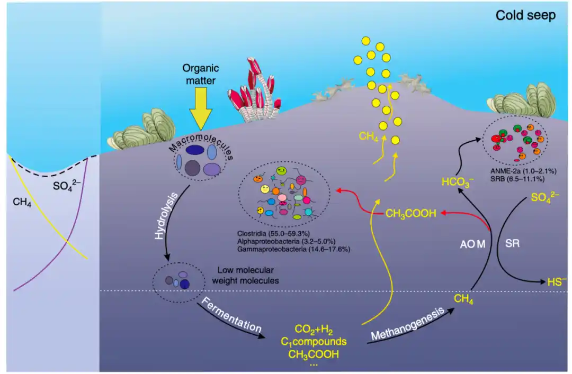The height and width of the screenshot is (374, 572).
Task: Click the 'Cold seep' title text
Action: (x=525, y=15)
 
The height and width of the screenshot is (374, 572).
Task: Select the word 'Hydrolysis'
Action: (x=159, y=223)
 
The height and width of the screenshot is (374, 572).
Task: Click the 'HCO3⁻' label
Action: (x=458, y=183)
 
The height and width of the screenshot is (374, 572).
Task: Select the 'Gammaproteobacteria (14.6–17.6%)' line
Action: (x=294, y=248)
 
